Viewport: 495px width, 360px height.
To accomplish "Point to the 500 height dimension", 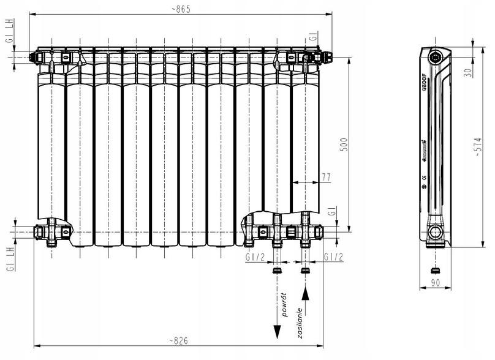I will pyautogui.click(x=344, y=144).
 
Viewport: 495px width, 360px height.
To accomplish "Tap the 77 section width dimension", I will pyautogui.click(x=326, y=177).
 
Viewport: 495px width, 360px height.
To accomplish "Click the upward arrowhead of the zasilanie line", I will pyautogui.click(x=306, y=294).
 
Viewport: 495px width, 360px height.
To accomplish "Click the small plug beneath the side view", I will pyautogui.click(x=435, y=270).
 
